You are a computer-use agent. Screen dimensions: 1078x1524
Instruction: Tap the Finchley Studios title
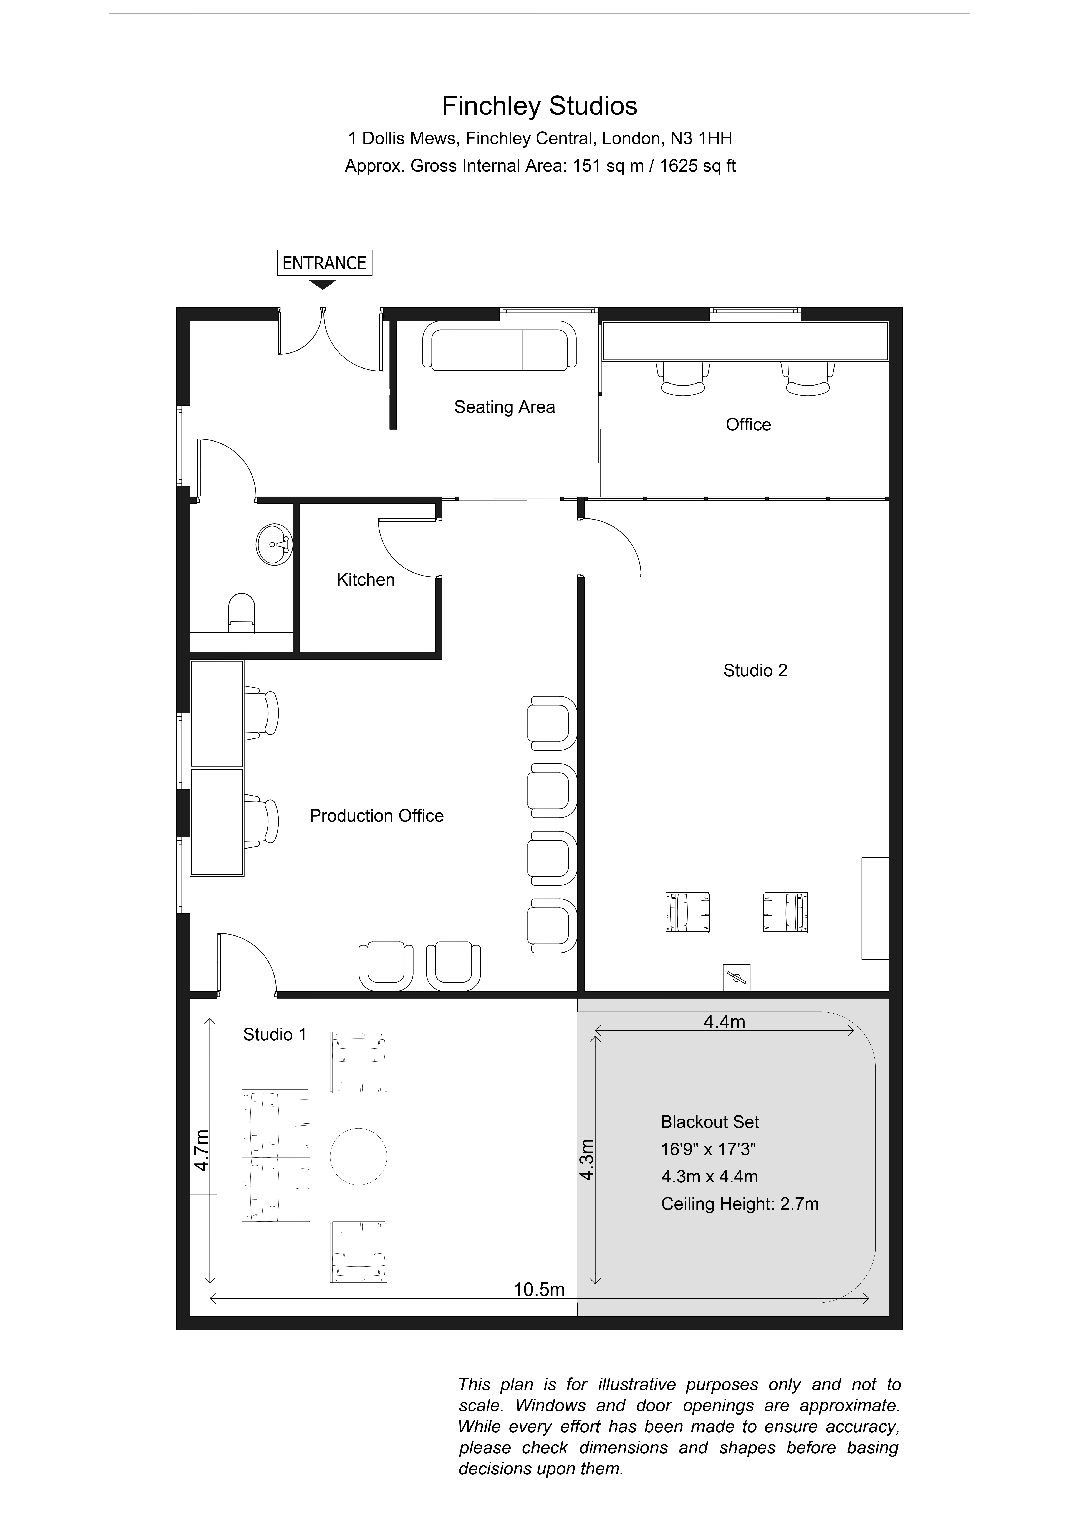540,106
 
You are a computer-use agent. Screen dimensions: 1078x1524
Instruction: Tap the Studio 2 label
755,670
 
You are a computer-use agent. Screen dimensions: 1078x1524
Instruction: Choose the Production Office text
376,816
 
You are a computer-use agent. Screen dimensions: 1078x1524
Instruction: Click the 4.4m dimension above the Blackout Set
724,1021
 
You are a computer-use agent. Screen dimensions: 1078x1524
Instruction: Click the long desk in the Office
745,341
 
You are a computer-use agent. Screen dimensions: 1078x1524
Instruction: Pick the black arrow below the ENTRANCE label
323,284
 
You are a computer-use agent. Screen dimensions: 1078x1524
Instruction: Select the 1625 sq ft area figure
697,166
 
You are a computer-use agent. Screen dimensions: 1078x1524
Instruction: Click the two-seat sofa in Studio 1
275,1157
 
